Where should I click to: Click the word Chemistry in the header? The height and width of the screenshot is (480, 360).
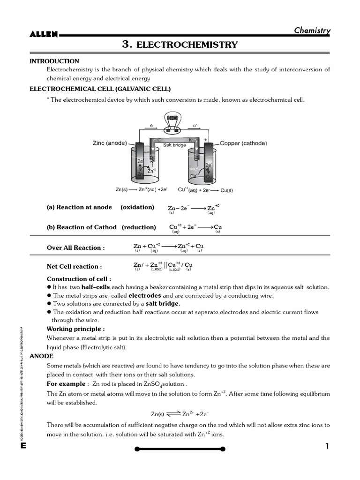(x=312, y=30)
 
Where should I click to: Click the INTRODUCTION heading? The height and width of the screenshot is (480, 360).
(x=54, y=61)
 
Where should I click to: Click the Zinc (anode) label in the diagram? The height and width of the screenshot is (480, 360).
(x=109, y=143)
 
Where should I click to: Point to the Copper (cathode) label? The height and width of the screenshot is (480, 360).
(x=243, y=143)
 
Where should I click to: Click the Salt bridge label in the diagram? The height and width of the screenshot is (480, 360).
(x=174, y=145)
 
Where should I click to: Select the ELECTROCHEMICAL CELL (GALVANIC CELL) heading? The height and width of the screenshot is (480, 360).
(x=100, y=89)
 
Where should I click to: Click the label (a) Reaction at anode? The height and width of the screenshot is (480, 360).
(x=79, y=207)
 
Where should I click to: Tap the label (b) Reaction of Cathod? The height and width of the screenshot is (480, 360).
(x=82, y=227)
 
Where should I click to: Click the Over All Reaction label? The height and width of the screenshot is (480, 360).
(x=75, y=248)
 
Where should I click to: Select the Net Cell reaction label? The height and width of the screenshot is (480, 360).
(x=74, y=267)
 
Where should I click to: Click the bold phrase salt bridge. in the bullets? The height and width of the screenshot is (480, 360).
(x=163, y=304)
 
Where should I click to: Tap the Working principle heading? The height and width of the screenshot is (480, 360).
(x=75, y=329)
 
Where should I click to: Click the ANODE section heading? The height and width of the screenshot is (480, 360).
(x=41, y=356)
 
